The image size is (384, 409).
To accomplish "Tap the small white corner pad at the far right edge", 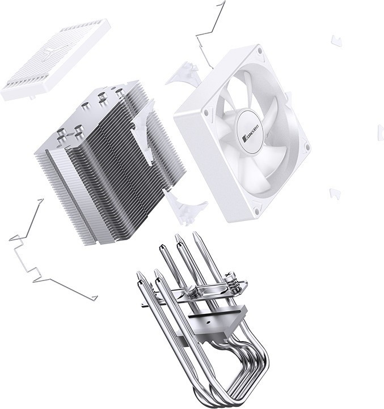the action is (381, 133).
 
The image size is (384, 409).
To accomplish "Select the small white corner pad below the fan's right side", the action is (335, 193).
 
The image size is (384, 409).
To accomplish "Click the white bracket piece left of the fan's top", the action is (183, 74).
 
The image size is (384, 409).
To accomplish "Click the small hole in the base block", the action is (209, 322).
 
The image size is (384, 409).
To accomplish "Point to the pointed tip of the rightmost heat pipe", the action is (195, 235).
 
